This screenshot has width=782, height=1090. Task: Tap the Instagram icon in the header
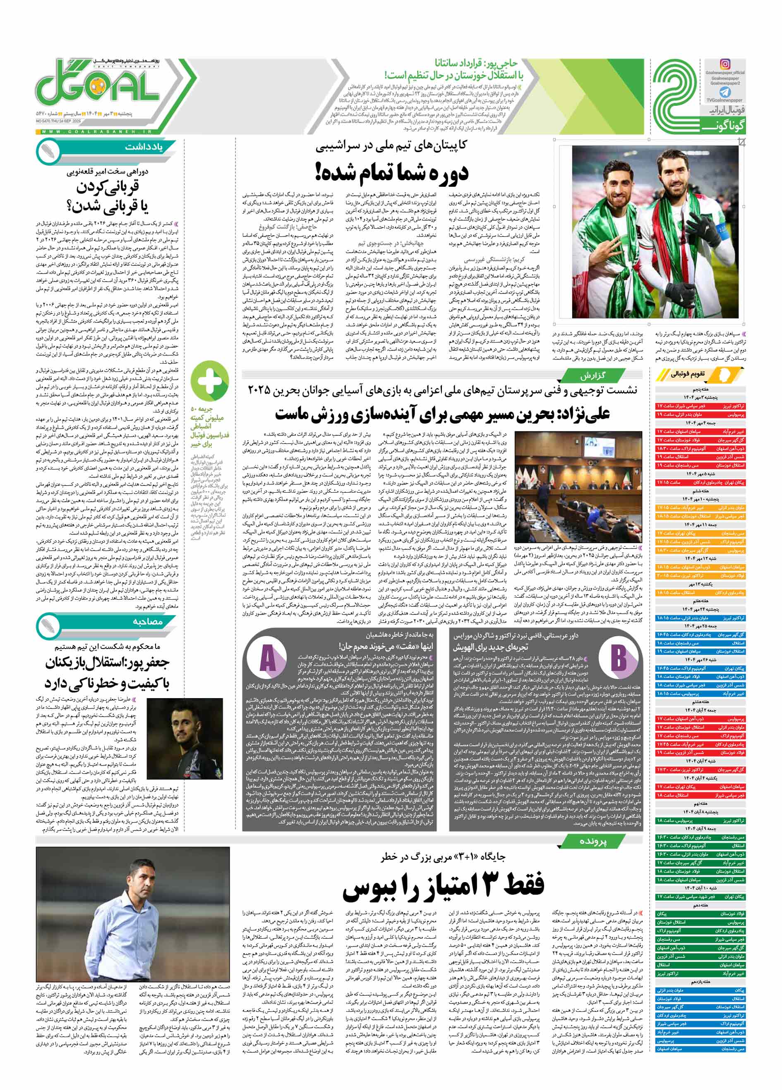click(725, 64)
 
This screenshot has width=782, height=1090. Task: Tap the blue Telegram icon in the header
click(726, 92)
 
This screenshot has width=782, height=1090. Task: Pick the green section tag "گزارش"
click(595, 375)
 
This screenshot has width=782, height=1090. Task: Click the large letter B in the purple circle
click(619, 658)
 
